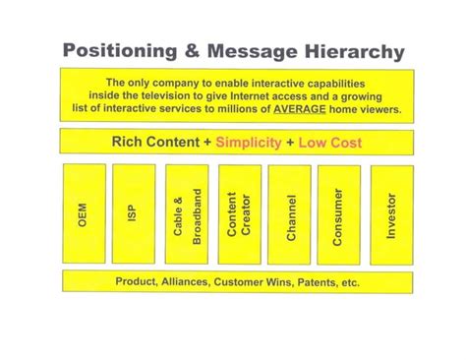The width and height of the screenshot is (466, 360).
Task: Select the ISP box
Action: tap(134, 212)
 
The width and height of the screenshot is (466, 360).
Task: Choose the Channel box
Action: tap(291, 212)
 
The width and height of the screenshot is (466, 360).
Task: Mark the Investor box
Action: tap(392, 212)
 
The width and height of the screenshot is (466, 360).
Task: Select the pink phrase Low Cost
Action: tap(328, 143)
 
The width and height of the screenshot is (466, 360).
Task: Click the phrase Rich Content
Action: tap(152, 143)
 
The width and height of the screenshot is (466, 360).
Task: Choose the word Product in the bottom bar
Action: tap(137, 282)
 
